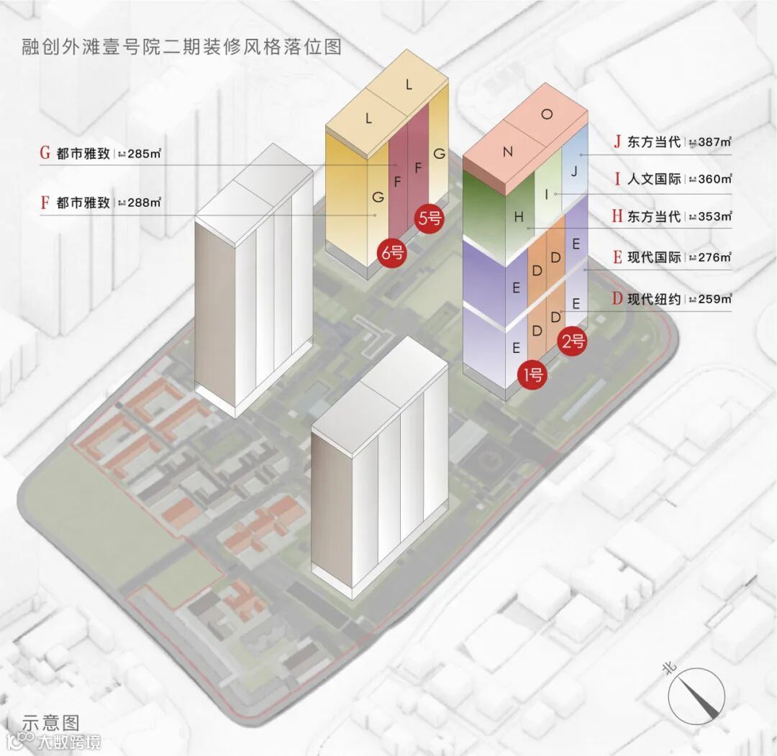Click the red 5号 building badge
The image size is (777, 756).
430,218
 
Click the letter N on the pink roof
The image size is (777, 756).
507,152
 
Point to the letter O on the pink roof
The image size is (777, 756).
547,114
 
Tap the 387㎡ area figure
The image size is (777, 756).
714,142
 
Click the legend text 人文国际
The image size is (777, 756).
654,179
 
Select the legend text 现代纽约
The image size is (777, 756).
654,299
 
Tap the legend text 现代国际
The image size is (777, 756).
654,257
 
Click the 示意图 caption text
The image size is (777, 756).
50,722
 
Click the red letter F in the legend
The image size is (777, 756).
45,203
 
